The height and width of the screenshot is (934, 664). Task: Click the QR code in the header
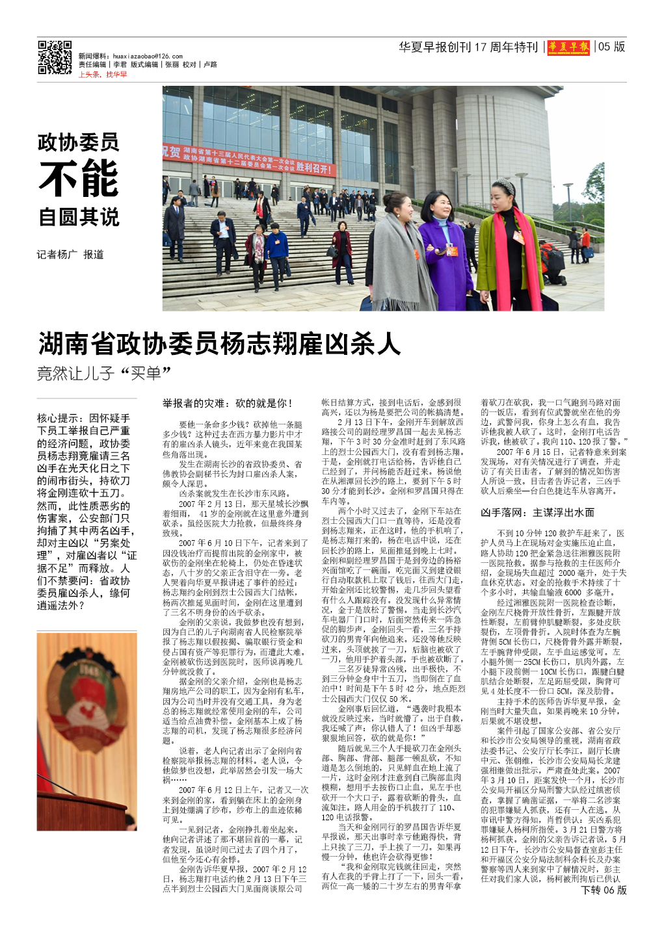point(55,58)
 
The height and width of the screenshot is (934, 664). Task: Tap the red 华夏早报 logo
point(568,47)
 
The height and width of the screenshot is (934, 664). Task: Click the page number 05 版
point(612,47)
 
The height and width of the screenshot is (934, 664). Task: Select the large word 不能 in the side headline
point(79,178)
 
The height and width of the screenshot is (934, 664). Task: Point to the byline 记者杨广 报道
point(70,255)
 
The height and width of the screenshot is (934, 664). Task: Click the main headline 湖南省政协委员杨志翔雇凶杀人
point(219,344)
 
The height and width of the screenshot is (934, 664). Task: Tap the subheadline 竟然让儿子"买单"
point(103,374)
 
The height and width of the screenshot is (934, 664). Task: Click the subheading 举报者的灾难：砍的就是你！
point(228,404)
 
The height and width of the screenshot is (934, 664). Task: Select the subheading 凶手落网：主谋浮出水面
point(537,512)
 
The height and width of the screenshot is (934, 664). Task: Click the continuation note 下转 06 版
point(604,890)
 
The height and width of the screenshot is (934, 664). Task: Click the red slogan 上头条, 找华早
point(103,75)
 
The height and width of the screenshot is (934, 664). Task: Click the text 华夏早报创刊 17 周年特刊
point(468,47)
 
